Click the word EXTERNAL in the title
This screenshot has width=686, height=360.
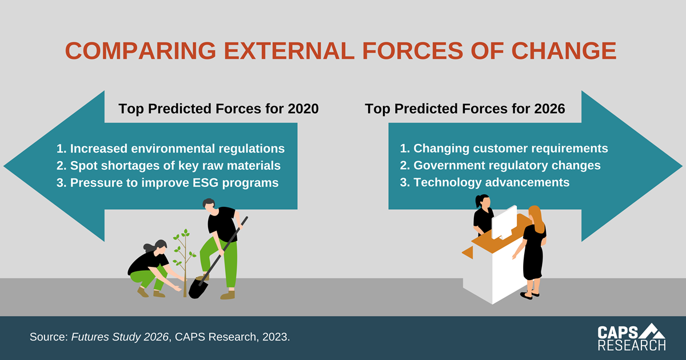point(289,50)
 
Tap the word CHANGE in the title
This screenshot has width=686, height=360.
point(564,50)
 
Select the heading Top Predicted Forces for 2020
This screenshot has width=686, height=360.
point(218,109)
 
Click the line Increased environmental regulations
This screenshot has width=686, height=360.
point(170,149)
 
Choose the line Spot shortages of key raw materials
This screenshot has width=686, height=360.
point(169,166)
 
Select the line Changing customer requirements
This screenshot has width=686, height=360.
point(504,149)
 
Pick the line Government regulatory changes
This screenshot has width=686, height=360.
point(500,166)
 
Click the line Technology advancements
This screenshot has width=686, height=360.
point(485,182)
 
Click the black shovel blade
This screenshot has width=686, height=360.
point(198,289)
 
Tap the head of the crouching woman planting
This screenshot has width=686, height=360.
point(159,247)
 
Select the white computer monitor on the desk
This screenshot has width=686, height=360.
point(504,223)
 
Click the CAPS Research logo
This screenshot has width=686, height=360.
point(632,337)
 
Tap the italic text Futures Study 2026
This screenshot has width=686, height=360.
point(119,337)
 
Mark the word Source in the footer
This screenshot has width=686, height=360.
point(49,337)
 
